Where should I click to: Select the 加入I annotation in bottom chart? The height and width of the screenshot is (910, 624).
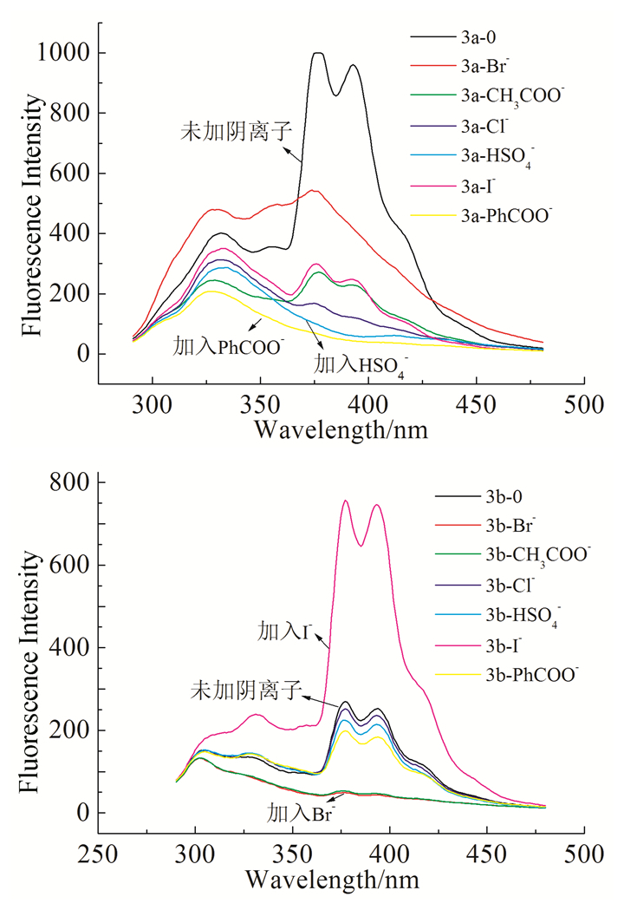pos(276,628)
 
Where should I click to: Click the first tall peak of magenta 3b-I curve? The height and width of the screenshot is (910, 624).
pos(345,501)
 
